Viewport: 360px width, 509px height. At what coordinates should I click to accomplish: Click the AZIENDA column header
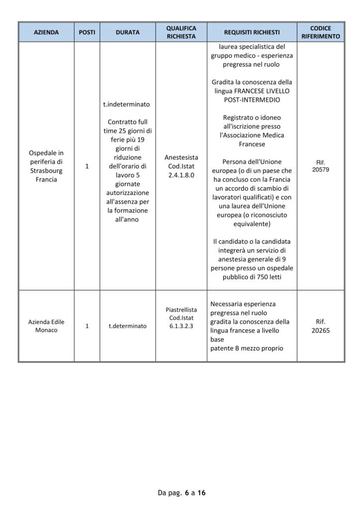pyautogui.click(x=46, y=32)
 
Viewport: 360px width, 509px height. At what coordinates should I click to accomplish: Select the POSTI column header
pyautogui.click(x=87, y=32)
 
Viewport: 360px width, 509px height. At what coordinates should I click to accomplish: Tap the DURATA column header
pyautogui.click(x=128, y=32)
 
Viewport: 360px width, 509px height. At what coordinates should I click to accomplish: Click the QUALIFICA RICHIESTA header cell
pyautogui.click(x=181, y=32)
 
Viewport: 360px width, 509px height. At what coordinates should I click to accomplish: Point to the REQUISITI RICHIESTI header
pyautogui.click(x=252, y=32)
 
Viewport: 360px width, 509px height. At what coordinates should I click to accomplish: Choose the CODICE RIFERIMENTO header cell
pyautogui.click(x=321, y=32)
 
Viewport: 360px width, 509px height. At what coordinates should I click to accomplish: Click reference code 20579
pyautogui.click(x=321, y=170)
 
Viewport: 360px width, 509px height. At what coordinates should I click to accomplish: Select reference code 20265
pyautogui.click(x=321, y=330)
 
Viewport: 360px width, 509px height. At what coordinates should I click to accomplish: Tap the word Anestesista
pyautogui.click(x=181, y=158)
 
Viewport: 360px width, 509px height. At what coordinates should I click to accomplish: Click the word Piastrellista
pyautogui.click(x=181, y=309)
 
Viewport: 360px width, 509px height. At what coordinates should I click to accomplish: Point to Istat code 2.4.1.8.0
pyautogui.click(x=181, y=175)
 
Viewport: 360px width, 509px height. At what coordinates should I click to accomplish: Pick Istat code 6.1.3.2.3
pyautogui.click(x=181, y=326)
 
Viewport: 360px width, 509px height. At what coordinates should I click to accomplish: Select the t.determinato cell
pyautogui.click(x=128, y=326)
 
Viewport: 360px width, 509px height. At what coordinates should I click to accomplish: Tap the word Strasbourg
pyautogui.click(x=46, y=170)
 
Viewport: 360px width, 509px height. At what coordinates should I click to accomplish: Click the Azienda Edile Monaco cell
pyautogui.click(x=46, y=326)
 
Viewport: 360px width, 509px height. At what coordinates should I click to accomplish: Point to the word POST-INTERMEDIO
pyautogui.click(x=252, y=100)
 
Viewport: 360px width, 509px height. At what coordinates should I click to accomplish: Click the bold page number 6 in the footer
pyautogui.click(x=186, y=493)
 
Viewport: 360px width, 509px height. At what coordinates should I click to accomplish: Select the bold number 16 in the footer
pyautogui.click(x=201, y=493)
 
